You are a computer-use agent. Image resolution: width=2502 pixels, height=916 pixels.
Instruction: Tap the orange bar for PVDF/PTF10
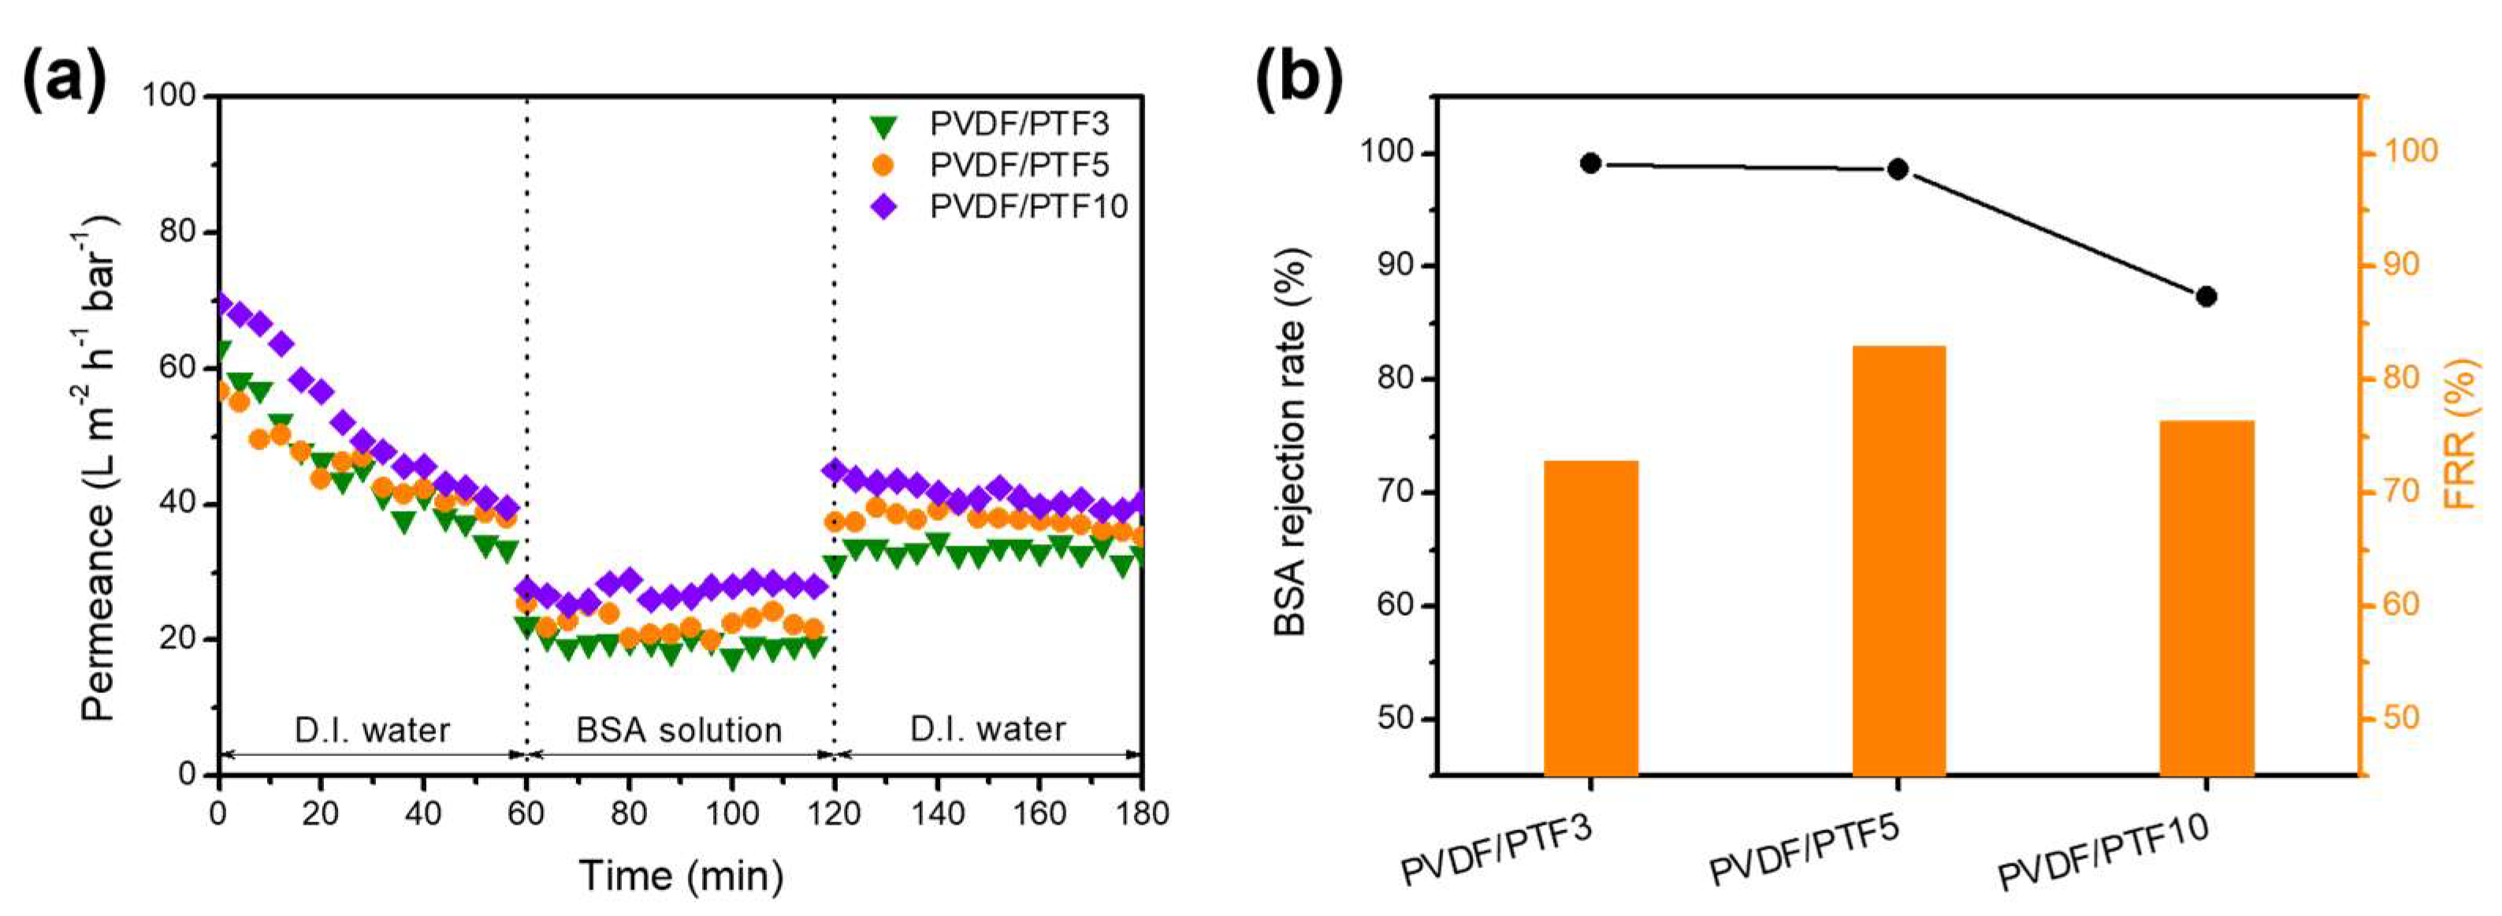[2206, 598]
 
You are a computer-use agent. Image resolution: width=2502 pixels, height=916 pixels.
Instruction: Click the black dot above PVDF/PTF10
[2206, 296]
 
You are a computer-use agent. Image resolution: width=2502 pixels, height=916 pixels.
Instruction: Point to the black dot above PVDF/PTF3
[1590, 163]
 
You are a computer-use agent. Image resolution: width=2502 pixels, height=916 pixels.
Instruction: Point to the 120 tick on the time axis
[835, 812]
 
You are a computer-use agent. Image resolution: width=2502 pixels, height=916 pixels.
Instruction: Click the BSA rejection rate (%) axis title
[1292, 442]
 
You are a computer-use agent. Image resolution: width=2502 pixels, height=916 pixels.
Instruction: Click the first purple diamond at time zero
[223, 304]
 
